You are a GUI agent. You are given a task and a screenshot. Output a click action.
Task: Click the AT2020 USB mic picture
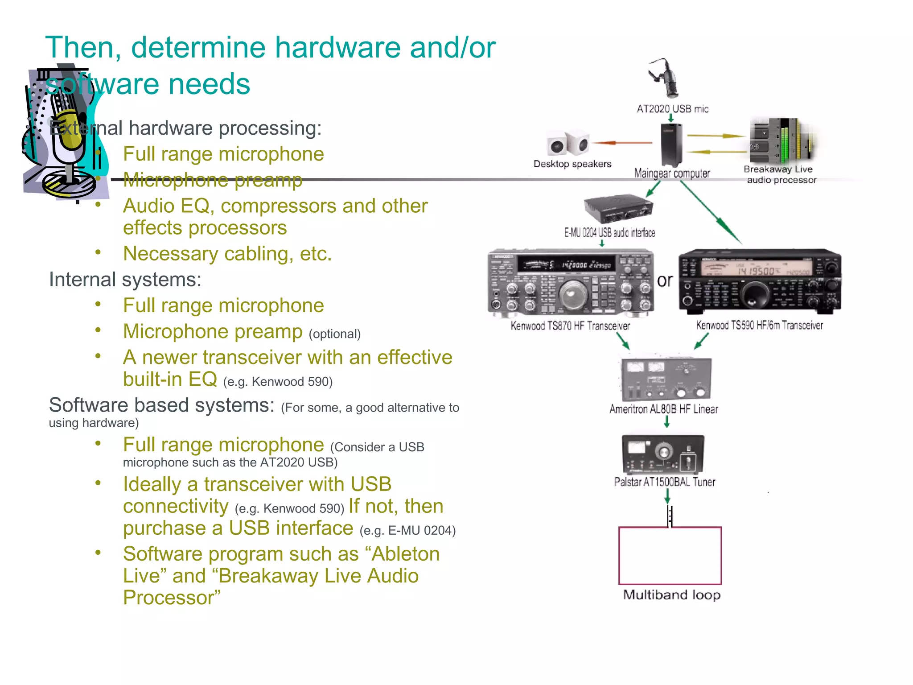pyautogui.click(x=665, y=78)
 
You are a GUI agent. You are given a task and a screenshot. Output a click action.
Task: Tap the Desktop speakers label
pyautogui.click(x=572, y=164)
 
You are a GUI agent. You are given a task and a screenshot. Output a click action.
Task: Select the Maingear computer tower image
pyautogui.click(x=671, y=144)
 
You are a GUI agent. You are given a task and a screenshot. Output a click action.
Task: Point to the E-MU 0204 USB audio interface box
pyautogui.click(x=618, y=208)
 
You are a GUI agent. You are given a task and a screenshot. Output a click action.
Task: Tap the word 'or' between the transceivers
pyautogui.click(x=664, y=281)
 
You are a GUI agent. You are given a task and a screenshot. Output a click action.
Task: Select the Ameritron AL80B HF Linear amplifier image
pyautogui.click(x=666, y=379)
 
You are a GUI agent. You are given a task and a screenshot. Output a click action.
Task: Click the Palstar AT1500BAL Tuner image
pyautogui.click(x=663, y=454)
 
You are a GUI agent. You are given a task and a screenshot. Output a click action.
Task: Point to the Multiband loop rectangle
pyautogui.click(x=670, y=556)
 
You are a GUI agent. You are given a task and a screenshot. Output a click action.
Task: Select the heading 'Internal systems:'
pyautogui.click(x=125, y=280)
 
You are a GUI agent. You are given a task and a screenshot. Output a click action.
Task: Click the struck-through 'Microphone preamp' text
pyautogui.click(x=213, y=180)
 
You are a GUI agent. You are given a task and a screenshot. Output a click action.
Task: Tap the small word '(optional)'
pyautogui.click(x=334, y=334)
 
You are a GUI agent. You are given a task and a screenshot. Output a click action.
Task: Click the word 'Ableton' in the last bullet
pyautogui.click(x=406, y=554)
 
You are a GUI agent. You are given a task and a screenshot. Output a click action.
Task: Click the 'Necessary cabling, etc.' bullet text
pyautogui.click(x=227, y=254)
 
